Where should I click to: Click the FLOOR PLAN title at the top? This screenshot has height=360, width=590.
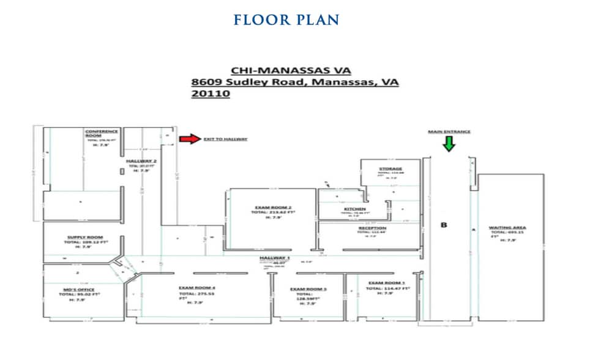(286, 20)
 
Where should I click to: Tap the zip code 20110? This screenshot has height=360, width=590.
(210, 94)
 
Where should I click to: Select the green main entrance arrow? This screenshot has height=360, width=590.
(449, 144)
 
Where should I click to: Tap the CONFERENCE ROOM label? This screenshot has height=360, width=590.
(102, 133)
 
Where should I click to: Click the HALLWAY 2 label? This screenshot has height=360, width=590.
(137, 160)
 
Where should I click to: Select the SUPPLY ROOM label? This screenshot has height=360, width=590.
(85, 237)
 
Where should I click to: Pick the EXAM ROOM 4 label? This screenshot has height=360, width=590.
(196, 287)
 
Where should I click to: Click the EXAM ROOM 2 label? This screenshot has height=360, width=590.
(273, 207)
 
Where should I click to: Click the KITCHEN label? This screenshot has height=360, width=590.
(355, 209)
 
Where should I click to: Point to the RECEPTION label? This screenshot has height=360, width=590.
(372, 228)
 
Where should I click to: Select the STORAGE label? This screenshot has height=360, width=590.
(390, 168)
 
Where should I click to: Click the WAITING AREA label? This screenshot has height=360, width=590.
(507, 228)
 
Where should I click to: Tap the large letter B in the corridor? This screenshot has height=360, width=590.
(444, 225)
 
